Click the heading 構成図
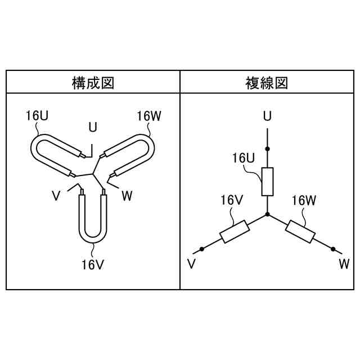93,83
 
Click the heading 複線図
267,83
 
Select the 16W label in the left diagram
149,116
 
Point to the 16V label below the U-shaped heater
93,263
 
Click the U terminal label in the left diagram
92,127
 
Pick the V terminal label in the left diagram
56,196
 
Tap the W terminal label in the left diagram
127,196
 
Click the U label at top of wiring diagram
268,116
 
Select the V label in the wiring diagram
191,263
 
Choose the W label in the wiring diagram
344,263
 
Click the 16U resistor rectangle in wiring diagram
268,182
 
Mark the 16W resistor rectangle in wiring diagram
300,231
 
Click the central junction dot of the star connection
268,214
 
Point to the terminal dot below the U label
268,148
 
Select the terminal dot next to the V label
201,249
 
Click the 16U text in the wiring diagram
244,157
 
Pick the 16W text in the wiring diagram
304,201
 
